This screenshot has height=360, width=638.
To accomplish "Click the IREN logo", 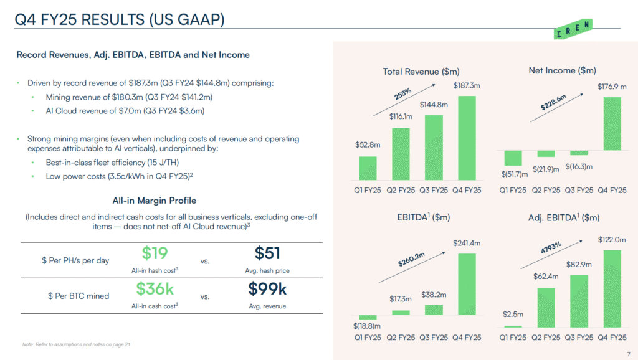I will pyautogui.click(x=573, y=29).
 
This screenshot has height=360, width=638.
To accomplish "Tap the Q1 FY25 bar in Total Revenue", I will pyautogui.click(x=368, y=168).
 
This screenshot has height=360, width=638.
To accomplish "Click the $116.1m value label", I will pyautogui.click(x=400, y=116).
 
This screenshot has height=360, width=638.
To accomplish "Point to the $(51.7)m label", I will pyautogui.click(x=515, y=174).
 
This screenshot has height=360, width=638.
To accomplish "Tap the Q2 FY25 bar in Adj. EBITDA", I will pyautogui.click(x=545, y=307).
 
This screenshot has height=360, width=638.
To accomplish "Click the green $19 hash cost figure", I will pyautogui.click(x=155, y=253).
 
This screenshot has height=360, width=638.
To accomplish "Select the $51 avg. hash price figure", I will pyautogui.click(x=267, y=253).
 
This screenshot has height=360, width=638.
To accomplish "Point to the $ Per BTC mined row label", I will pyautogui.click(x=79, y=296).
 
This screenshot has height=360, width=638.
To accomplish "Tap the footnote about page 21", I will pyautogui.click(x=75, y=344).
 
